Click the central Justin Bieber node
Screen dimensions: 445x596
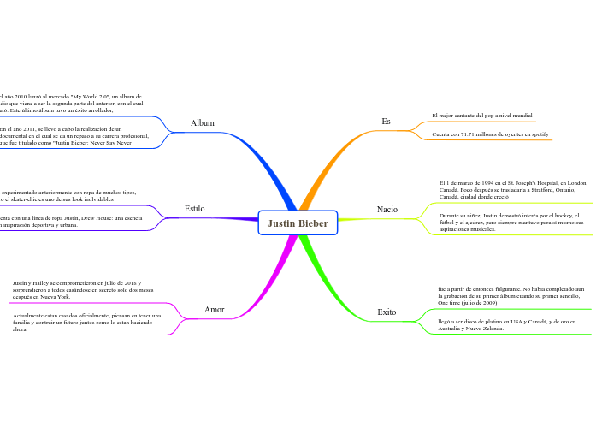click(x=298, y=224)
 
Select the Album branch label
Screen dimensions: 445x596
click(x=203, y=123)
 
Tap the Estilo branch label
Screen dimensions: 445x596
click(x=195, y=208)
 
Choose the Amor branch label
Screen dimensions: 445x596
click(x=215, y=309)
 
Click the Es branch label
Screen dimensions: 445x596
click(x=386, y=122)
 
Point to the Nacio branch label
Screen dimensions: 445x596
click(x=387, y=209)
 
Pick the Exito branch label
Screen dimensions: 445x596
click(x=387, y=312)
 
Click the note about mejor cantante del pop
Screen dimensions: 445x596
click(x=482, y=115)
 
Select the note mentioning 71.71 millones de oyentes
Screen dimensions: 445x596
click(x=490, y=135)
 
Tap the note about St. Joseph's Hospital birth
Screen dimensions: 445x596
click(x=511, y=190)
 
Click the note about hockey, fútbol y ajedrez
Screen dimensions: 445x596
click(x=510, y=222)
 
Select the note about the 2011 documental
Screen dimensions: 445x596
click(x=75, y=135)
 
